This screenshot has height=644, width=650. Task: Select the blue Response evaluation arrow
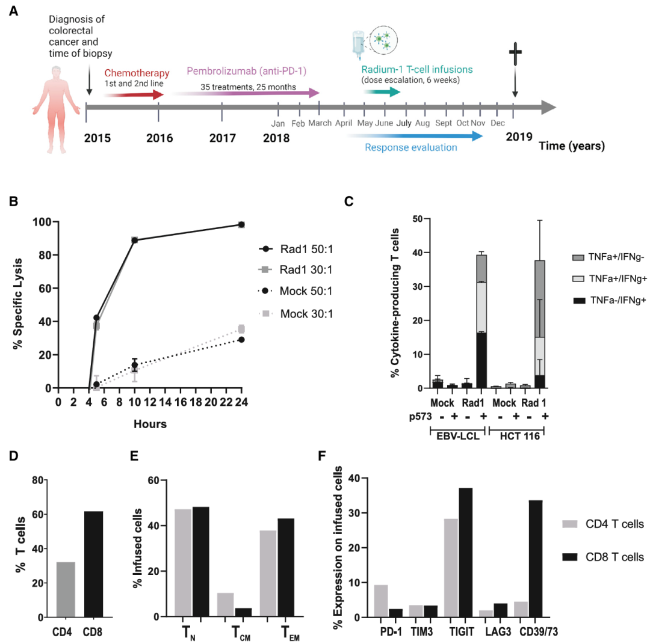point(415,136)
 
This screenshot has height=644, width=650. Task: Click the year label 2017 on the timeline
point(222,136)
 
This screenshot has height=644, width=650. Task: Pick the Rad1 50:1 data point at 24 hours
point(241,224)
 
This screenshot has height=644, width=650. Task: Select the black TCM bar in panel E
point(243,612)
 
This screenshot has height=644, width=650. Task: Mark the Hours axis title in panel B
point(150,423)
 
